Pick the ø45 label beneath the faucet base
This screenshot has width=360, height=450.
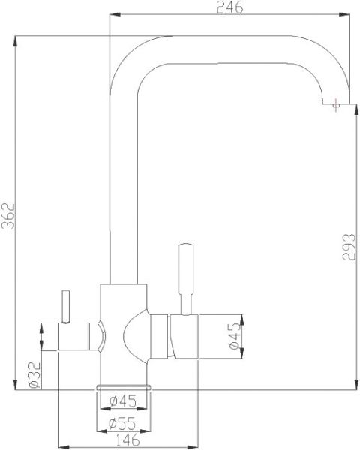[122, 400]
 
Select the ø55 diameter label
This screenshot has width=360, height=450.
[122, 423]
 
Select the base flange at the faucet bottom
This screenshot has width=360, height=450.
[124, 385]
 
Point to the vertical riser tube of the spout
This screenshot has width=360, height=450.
[124, 187]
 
